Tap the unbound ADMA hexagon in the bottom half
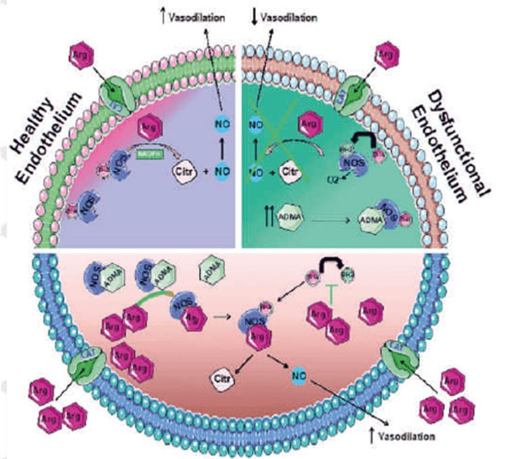click(213, 273)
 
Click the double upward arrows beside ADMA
click(267, 218)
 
